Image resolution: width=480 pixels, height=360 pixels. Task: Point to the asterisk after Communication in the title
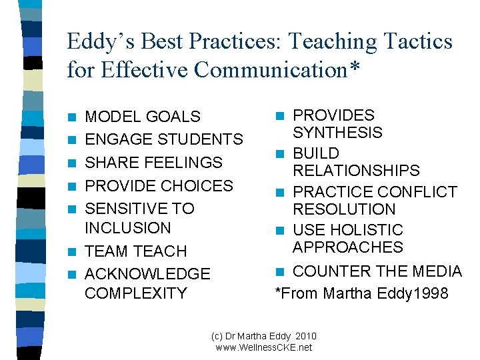(x=352, y=68)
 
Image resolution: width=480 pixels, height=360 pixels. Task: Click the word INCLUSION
(x=128, y=228)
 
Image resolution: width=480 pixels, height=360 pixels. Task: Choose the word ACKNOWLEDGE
(x=148, y=274)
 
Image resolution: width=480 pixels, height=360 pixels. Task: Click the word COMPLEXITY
(x=136, y=293)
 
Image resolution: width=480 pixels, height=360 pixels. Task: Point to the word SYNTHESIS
(x=338, y=133)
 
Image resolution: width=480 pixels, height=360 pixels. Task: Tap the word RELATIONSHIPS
(x=357, y=171)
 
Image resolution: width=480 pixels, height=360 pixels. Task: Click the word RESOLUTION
(x=345, y=209)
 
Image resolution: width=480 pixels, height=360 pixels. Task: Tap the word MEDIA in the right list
(x=437, y=271)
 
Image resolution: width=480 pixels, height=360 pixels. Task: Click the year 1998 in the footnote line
(x=430, y=293)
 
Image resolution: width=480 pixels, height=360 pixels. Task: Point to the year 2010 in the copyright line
(x=303, y=337)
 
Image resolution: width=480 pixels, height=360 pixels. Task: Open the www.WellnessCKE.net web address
(x=264, y=347)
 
